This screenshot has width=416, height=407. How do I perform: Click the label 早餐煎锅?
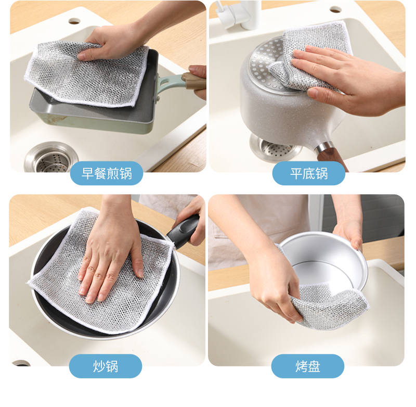tap(107, 173)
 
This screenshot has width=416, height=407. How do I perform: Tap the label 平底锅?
tap(309, 173)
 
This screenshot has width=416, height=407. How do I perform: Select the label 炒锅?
tap(106, 366)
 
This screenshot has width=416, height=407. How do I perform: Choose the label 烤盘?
tap(308, 366)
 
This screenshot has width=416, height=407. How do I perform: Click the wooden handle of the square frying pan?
tap(193, 81)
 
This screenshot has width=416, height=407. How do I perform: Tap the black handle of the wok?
tap(183, 232)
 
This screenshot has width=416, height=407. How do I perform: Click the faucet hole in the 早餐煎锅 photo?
tap(74, 21)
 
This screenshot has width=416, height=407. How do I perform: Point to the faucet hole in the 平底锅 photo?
tap(335, 9)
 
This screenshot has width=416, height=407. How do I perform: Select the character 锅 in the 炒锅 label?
tap(112, 366)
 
